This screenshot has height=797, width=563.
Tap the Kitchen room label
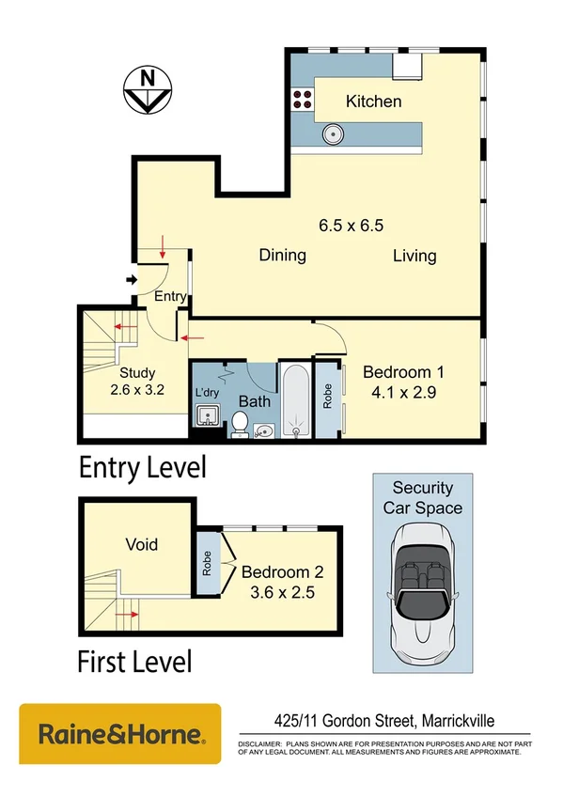point(373,102)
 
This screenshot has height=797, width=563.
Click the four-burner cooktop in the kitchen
point(303,101)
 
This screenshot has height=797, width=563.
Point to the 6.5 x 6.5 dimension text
point(352,226)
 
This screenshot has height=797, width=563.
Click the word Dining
point(283,256)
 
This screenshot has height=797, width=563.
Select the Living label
point(414,256)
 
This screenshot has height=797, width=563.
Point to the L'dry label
point(206,393)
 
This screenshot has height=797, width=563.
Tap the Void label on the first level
point(142,544)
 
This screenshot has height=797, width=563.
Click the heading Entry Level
point(142,467)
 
